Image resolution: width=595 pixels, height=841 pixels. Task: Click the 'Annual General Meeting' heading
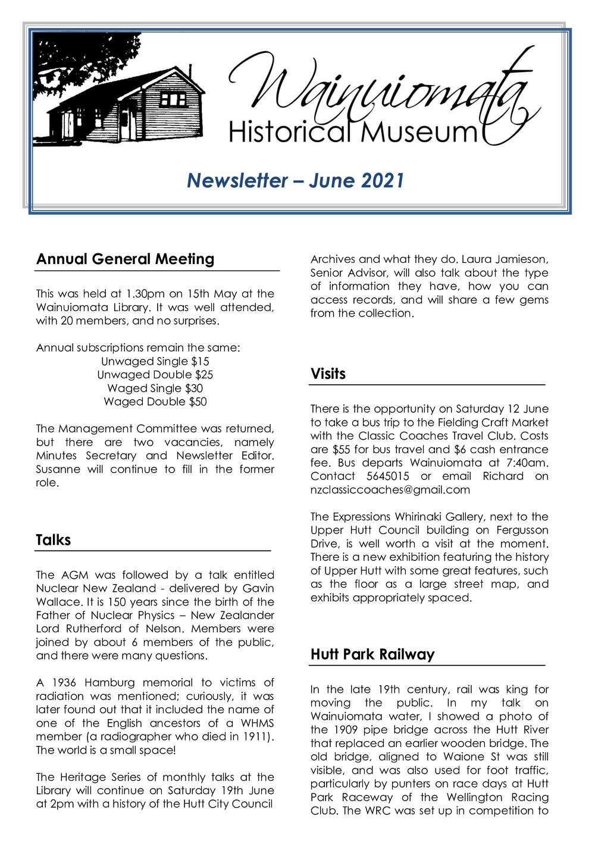(125, 259)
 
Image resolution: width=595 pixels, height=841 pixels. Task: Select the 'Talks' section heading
(53, 540)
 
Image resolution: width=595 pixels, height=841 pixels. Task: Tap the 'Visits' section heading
(328, 374)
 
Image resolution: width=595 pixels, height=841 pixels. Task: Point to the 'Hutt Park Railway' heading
(372, 655)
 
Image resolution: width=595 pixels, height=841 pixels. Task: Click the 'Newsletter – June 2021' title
(296, 180)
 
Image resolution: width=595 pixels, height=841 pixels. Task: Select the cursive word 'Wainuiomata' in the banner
(381, 89)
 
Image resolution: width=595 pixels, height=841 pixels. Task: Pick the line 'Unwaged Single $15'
(155, 362)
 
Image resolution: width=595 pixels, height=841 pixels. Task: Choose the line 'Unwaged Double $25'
(155, 375)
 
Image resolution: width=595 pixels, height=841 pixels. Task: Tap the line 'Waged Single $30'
(155, 388)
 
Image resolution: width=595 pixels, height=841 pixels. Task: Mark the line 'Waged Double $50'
(155, 402)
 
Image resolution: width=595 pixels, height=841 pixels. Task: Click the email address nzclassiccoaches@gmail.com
(390, 490)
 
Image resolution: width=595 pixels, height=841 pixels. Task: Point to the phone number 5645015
(387, 476)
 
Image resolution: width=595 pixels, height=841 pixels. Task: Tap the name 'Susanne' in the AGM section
(57, 469)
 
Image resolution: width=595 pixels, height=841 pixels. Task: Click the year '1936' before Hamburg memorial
(64, 683)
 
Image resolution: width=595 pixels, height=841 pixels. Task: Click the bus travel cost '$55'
(342, 450)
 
